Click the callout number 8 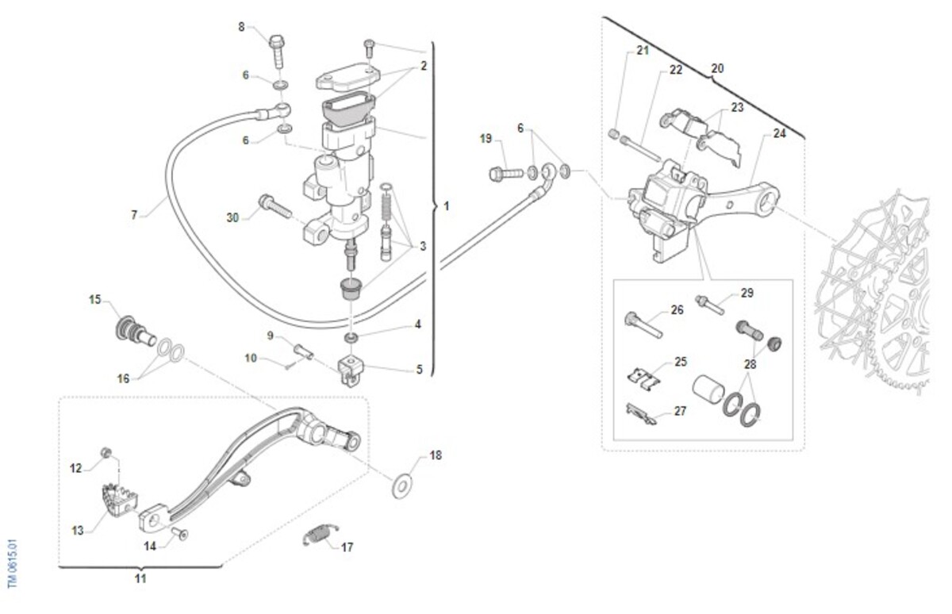(242, 27)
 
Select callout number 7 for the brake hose (134, 214)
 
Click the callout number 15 (94, 300)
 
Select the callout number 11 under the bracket (140, 579)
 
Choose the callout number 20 (716, 68)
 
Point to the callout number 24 (779, 133)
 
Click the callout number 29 (746, 294)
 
